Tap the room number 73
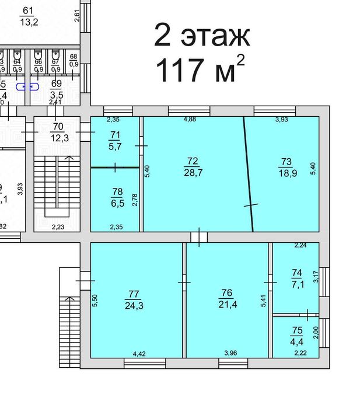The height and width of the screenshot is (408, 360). tap(286, 161)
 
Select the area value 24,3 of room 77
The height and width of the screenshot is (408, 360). tap(134, 304)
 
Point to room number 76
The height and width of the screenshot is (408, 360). tap(227, 293)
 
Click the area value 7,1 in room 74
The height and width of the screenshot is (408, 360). tap(296, 284)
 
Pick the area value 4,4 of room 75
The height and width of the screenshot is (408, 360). tap(296, 340)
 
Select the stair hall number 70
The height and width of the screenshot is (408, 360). tap(58, 126)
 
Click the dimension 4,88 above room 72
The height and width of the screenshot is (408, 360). tap(189, 120)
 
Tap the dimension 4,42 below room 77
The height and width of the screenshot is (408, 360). tap(139, 353)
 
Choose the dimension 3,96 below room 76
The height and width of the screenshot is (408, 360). tap(232, 353)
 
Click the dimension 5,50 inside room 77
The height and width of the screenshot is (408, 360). tap(95, 301)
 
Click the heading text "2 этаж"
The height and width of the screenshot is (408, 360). tap(202, 36)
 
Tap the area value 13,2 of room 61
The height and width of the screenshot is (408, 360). tap(27, 23)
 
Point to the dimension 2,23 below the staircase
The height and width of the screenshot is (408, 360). tap(58, 227)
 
